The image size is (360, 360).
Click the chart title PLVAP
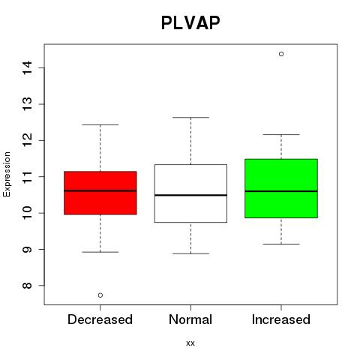coord(190,22)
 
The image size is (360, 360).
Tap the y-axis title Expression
coord(7,174)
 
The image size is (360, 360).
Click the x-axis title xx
coord(190,343)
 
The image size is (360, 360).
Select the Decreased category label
coord(100,319)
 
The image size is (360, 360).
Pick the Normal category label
coord(190,319)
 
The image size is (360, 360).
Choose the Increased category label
coord(281,319)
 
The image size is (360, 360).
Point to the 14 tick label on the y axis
coord(27,67)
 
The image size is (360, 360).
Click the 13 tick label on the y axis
coord(27,104)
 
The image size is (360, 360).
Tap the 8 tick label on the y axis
coord(27,286)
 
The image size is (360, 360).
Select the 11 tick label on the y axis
coord(27,177)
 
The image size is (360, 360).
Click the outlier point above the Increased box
coord(281,54)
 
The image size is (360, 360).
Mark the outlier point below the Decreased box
coord(100,295)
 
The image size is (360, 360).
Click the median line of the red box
coord(100,190)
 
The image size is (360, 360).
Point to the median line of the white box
coord(190,195)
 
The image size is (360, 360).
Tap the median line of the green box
coord(281,191)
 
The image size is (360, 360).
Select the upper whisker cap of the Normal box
coord(190,117)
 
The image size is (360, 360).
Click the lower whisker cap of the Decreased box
coord(100,252)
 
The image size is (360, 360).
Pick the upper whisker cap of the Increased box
coord(281,134)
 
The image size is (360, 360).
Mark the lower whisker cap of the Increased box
coord(281,244)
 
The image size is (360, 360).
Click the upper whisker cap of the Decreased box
coord(100,124)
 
